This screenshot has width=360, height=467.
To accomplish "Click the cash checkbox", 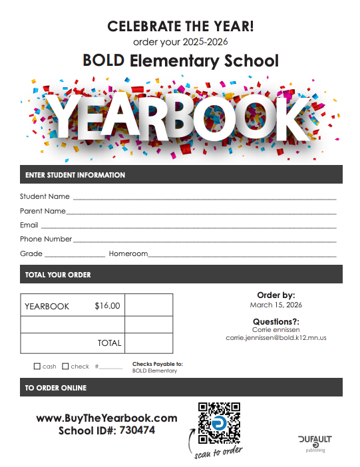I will tap(37, 366).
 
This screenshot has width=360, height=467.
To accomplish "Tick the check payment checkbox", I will tap(65, 366).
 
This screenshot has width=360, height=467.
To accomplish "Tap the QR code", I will tap(219, 423).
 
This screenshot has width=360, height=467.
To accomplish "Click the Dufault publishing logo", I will tap(315, 442).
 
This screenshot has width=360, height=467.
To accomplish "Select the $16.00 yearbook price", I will tap(107, 306).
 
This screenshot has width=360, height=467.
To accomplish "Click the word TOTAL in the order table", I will tap(109, 343).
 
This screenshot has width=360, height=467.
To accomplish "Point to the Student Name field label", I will tap(45, 196).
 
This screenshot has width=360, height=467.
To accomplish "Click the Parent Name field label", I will tap(43, 211).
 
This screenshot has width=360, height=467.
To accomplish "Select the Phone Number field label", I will tap(46, 239).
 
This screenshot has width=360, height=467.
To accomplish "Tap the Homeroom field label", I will tap(128, 253).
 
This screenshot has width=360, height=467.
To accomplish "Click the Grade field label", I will tap(31, 253).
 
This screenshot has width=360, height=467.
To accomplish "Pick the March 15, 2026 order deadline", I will tap(276, 305).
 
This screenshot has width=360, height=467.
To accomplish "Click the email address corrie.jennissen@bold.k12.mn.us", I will tap(276, 338).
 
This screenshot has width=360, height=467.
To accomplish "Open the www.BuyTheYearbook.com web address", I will tap(106, 418).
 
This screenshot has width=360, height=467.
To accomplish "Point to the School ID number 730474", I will tap(136, 430).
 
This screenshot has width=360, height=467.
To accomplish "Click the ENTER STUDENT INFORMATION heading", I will tap(75, 175).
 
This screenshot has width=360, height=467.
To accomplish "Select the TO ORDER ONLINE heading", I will tap(56, 387).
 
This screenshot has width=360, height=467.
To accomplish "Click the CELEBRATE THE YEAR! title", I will tap(180, 26).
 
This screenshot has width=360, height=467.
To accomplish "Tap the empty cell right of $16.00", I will tap(148, 306).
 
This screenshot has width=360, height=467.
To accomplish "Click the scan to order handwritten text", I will tap(219, 454).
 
